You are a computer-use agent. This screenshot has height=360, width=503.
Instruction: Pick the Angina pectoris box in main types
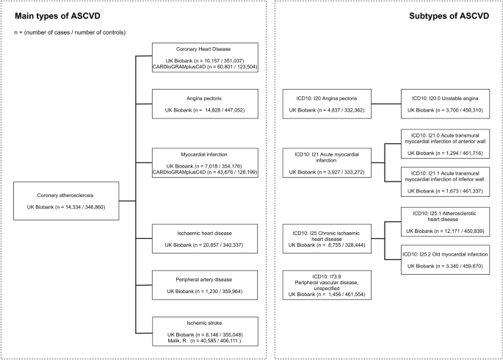204,104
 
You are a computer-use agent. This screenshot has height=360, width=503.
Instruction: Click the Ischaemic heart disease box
204,238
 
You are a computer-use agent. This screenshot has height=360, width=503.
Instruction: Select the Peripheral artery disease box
204,285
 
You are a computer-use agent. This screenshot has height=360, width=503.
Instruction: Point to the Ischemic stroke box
204,334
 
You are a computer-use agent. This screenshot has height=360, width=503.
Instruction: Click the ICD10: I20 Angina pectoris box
329,104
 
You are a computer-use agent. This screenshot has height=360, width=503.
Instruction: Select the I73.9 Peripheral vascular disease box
329,284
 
